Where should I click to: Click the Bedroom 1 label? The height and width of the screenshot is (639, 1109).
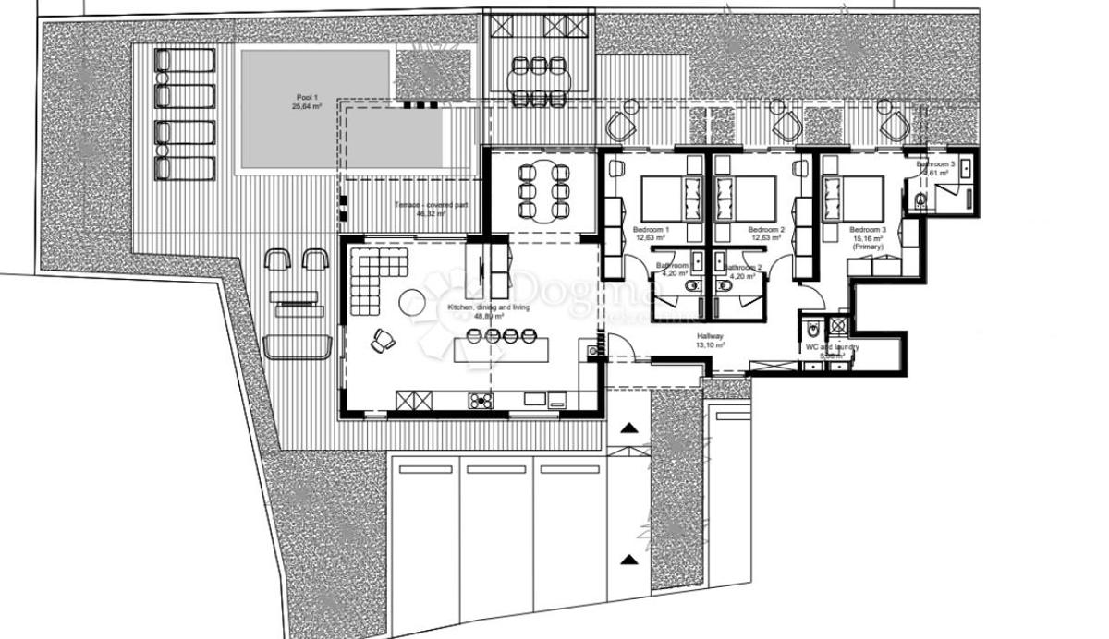tap(652, 233)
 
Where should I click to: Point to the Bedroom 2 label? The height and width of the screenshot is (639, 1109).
tap(766, 233)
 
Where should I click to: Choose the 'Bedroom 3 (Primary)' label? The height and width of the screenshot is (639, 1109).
tap(868, 237)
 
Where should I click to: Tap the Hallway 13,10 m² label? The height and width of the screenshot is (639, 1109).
tap(710, 340)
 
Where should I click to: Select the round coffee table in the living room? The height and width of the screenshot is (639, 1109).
tap(413, 300)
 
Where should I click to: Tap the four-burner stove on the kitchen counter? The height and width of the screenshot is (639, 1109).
tap(481, 401)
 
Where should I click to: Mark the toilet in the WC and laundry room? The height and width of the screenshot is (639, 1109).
tap(810, 329)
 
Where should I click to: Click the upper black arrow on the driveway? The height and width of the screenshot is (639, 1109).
tap(628, 428)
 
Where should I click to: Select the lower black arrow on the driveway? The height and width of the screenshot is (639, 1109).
tap(628, 559)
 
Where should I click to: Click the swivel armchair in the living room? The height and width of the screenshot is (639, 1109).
tap(383, 341)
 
